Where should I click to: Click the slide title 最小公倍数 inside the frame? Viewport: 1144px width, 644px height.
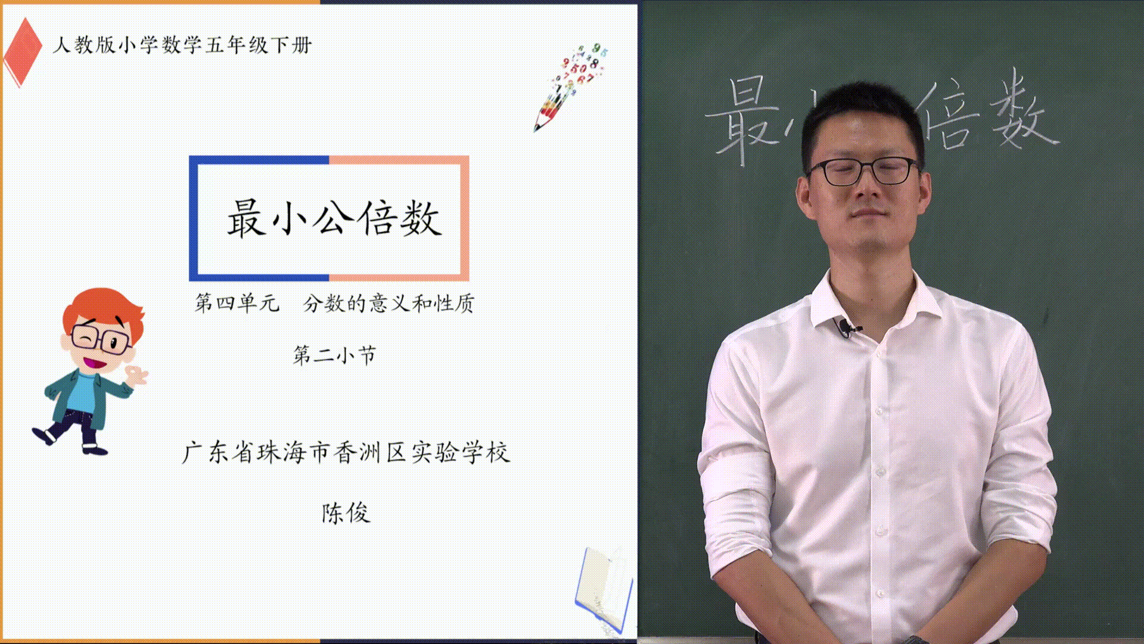coord(334,218)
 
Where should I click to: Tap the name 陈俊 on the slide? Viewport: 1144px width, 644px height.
coord(346,513)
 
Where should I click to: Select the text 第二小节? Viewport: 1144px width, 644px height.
coord(334,355)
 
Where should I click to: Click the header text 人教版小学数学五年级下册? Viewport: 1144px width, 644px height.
coord(182,45)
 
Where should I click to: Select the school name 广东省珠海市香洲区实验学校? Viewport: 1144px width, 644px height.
coord(346,453)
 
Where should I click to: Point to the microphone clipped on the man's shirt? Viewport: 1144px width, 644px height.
coord(847,327)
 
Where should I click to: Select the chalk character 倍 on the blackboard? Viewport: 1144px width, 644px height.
coord(947,116)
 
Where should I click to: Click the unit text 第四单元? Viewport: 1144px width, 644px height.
coord(237,303)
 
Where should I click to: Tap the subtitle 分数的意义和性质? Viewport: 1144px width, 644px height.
coord(388,303)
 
